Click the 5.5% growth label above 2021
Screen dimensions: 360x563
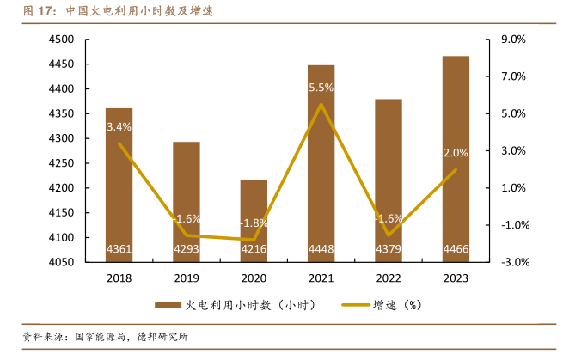(321, 88)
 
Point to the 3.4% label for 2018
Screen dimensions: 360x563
(119, 127)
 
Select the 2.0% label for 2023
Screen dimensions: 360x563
(456, 153)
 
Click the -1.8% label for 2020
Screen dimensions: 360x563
(254, 223)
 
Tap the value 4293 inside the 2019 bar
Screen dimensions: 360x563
(187, 250)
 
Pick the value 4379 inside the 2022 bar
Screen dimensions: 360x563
(389, 250)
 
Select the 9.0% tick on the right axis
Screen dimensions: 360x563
(512, 40)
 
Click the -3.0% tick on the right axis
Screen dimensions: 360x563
(512, 262)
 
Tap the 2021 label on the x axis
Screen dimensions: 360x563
(321, 278)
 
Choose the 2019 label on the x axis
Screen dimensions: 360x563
(187, 278)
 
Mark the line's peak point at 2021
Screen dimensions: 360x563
(321, 105)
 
